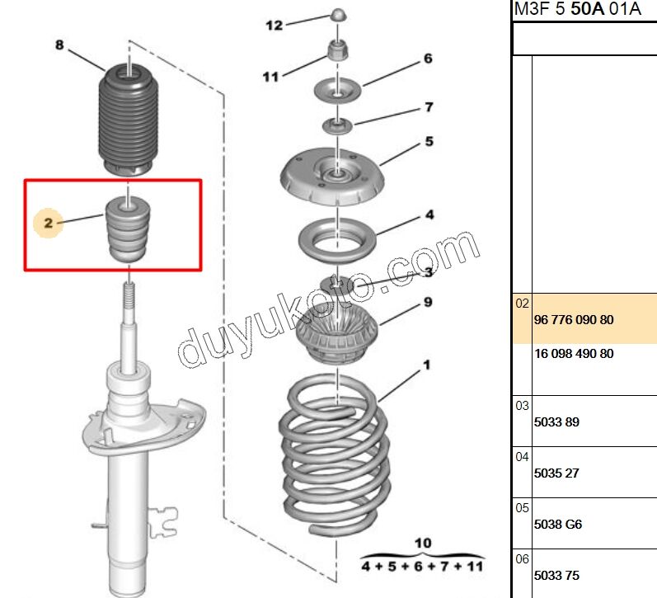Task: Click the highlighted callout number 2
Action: tap(49, 223)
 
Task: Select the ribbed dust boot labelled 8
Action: tap(129, 120)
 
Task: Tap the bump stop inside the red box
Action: tap(128, 230)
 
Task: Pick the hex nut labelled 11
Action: tap(337, 51)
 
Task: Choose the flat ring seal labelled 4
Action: tap(337, 241)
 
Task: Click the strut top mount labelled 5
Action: tap(332, 176)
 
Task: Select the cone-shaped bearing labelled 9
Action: tap(337, 335)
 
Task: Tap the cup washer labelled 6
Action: tap(338, 91)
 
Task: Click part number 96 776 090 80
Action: tap(574, 320)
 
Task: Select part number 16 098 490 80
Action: tap(574, 354)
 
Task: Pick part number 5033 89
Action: tap(556, 421)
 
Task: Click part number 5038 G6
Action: tap(558, 525)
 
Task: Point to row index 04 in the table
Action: tap(522, 457)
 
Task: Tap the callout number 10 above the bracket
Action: tap(423, 543)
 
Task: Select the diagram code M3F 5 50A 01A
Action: tap(577, 9)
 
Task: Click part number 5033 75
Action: tap(556, 576)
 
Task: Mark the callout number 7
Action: tap(429, 107)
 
